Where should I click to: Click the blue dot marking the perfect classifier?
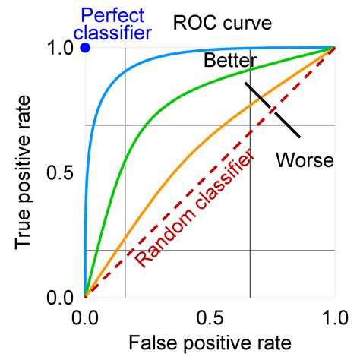(85, 48)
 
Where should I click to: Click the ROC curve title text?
(222, 23)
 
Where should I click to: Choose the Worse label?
(305, 159)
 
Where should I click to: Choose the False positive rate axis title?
(210, 343)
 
